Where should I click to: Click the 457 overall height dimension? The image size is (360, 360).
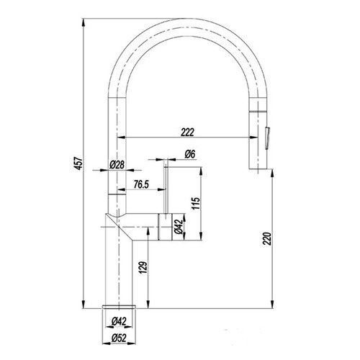click(x=79, y=163)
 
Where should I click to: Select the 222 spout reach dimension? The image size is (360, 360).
click(x=187, y=132)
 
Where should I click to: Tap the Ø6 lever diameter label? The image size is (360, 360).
click(x=190, y=154)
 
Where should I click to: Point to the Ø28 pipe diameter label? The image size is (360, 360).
click(x=117, y=165)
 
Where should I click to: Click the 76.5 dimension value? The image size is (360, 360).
click(x=141, y=184)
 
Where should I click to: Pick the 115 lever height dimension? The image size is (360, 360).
click(x=196, y=203)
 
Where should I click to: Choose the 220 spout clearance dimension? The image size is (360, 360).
click(x=267, y=238)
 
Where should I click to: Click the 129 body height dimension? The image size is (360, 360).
click(x=143, y=268)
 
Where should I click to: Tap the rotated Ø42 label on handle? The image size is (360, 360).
click(x=179, y=227)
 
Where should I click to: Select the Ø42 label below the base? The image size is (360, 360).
click(x=119, y=322)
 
